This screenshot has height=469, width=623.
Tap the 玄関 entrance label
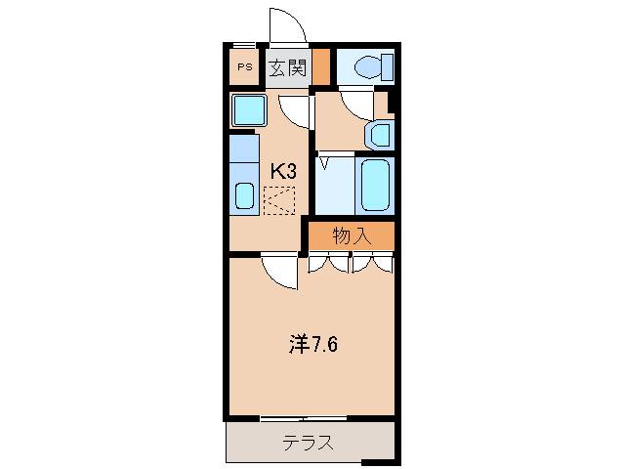point(289,67)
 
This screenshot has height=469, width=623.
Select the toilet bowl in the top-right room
point(367,67)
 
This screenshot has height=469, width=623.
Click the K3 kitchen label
point(283,170)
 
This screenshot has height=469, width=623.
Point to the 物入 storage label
point(352,234)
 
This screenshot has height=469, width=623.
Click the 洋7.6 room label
point(313,344)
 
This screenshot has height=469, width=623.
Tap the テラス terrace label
point(308,442)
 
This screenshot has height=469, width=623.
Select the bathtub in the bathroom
point(375,185)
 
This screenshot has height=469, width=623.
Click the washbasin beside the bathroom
point(377,133)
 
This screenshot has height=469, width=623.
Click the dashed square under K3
point(278,200)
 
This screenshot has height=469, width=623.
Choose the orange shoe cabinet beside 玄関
point(320,67)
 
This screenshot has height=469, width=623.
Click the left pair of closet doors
point(329,263)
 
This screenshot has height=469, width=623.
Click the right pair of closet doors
point(373,263)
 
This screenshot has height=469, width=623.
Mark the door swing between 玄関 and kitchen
point(295,107)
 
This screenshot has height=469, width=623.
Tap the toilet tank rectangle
point(388,67)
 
